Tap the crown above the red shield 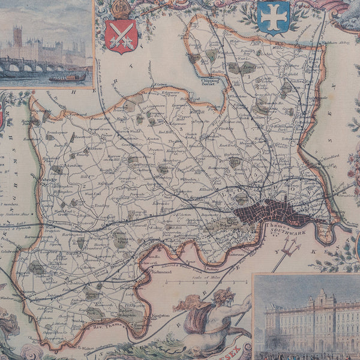121,8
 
